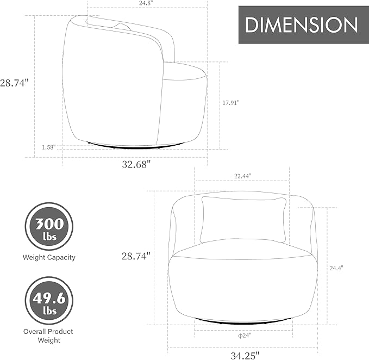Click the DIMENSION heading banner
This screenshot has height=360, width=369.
coord(304,24)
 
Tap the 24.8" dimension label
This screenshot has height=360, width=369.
coord(146,3)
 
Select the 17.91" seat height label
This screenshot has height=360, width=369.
coord(231,103)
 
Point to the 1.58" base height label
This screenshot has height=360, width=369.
coord(49,147)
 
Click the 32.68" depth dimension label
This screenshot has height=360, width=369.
coord(136,164)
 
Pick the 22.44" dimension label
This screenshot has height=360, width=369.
coord(242,176)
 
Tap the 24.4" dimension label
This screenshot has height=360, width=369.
coord(336,268)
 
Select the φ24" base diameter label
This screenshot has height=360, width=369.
coord(245,336)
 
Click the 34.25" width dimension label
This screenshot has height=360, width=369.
coord(245,355)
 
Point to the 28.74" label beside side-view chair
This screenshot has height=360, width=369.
coord(14,83)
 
